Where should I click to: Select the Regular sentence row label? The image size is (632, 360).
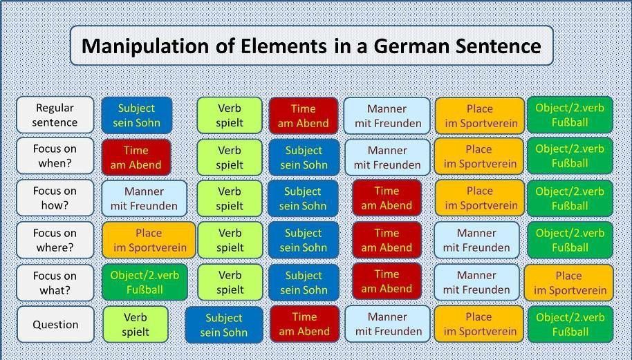click(55, 115)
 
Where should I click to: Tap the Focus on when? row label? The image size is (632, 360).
click(55, 156)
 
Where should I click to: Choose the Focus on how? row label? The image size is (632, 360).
click(55, 198)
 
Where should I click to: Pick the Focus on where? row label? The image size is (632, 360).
click(55, 240)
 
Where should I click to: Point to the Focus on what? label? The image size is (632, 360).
click(55, 283)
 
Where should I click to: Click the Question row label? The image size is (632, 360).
click(55, 324)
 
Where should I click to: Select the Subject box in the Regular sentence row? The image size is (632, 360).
click(137, 115)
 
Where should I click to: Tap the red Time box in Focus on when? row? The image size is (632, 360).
click(136, 158)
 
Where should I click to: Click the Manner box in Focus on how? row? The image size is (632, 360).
click(144, 198)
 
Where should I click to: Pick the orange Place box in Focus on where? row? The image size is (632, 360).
click(149, 240)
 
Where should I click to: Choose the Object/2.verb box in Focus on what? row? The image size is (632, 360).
click(145, 283)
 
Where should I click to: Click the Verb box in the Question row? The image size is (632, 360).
click(136, 325)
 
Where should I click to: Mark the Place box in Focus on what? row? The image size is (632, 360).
click(568, 283)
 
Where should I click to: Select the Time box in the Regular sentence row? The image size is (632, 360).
click(303, 115)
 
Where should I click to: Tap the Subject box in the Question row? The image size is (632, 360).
click(224, 325)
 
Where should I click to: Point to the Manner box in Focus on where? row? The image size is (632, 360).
click(476, 240)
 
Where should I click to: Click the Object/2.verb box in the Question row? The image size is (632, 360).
click(570, 324)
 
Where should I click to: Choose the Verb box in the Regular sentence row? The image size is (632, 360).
click(230, 115)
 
